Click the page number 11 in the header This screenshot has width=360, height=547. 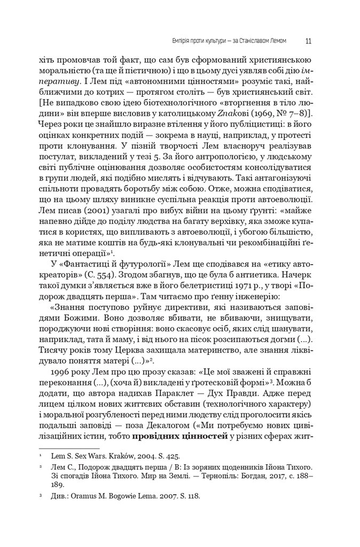pos(309,40)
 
